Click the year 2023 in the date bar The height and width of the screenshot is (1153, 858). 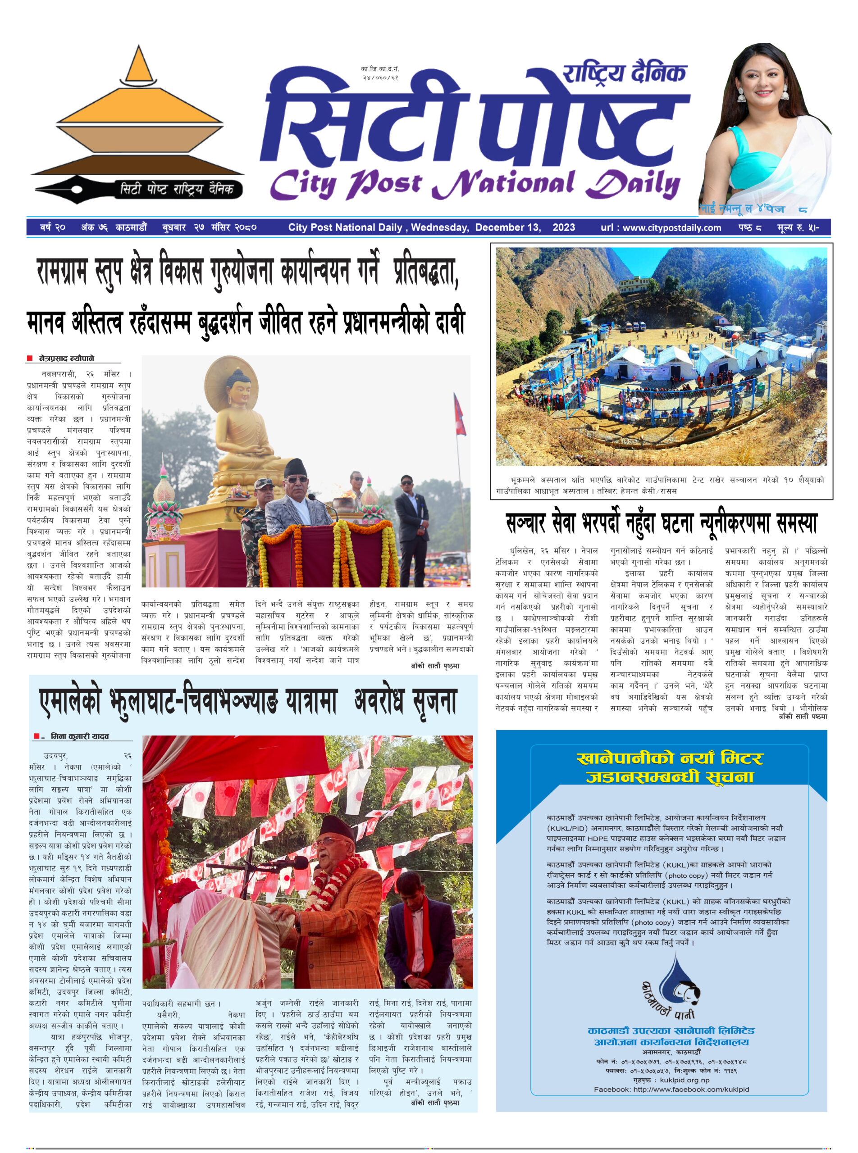564,227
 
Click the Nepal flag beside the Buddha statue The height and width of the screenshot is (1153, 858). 460,414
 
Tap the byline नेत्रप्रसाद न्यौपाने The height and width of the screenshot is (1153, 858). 67,358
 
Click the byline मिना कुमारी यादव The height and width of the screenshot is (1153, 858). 79,736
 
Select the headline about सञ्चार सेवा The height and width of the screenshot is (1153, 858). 661,523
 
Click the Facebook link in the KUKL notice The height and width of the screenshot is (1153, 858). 671,1089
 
